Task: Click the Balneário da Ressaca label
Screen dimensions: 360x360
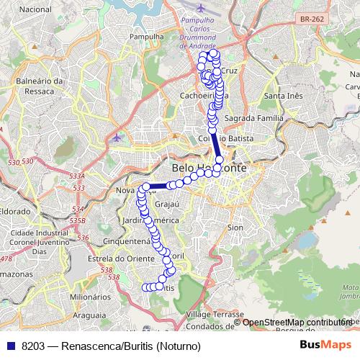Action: tap(41, 86)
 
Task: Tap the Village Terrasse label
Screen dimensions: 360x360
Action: tap(215, 315)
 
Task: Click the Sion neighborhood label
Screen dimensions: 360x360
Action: tap(235, 227)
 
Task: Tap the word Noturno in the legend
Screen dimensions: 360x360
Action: tap(176, 346)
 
